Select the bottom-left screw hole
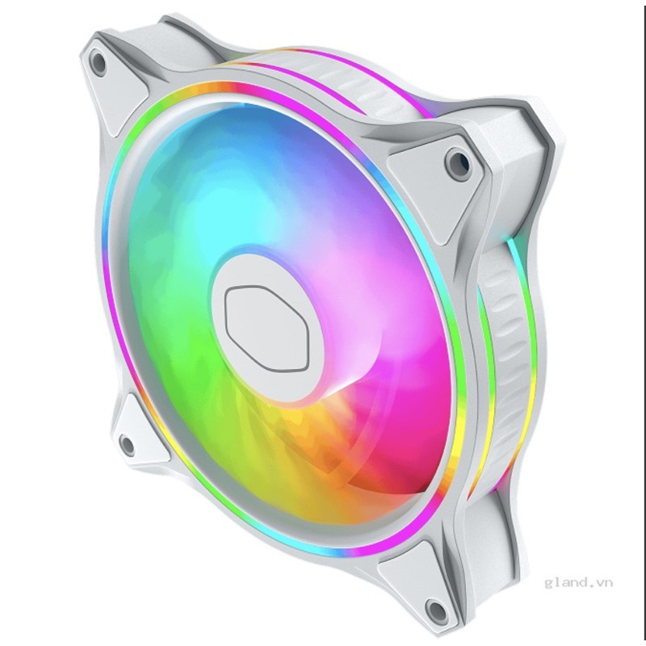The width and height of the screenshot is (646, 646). click(x=127, y=443)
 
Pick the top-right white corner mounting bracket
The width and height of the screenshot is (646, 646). click(x=440, y=174)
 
